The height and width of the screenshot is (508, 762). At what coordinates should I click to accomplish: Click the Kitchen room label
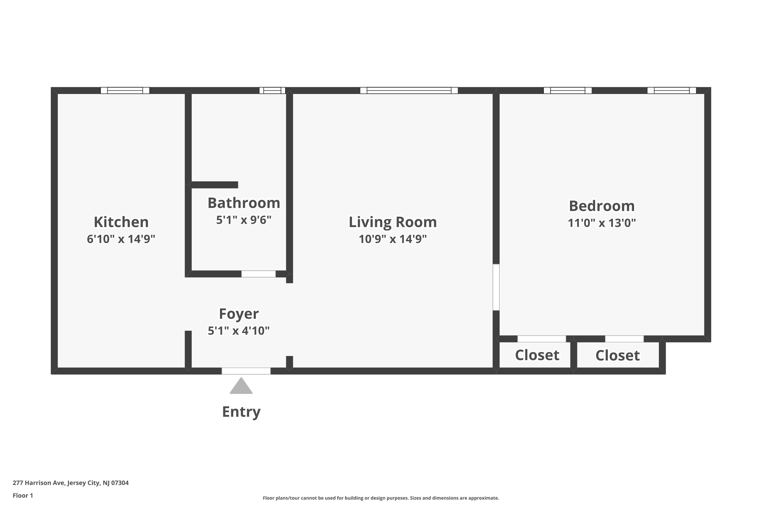tap(121, 222)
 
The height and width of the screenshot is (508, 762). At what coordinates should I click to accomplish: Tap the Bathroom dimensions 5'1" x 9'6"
tap(244, 220)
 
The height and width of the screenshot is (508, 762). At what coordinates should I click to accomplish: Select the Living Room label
tap(393, 222)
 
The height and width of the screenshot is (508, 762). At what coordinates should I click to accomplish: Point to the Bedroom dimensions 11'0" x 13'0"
tap(602, 223)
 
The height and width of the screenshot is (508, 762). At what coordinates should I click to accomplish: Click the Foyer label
tap(239, 314)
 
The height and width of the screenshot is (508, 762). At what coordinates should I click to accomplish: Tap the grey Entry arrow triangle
tap(241, 386)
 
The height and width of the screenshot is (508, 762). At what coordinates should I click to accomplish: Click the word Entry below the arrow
tap(241, 412)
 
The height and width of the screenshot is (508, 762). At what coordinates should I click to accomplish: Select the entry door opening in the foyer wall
tap(246, 371)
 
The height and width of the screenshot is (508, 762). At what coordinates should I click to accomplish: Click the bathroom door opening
tap(259, 274)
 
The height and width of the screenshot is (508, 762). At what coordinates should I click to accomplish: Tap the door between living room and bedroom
tap(496, 287)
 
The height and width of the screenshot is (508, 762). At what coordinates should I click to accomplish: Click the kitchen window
tap(125, 90)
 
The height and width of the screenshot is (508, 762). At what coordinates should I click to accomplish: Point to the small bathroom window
tap(272, 90)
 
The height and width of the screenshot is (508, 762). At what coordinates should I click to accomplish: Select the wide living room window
tap(409, 90)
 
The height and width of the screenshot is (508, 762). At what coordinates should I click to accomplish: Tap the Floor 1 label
tap(23, 495)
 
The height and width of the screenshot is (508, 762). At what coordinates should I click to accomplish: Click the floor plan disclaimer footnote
tap(381, 498)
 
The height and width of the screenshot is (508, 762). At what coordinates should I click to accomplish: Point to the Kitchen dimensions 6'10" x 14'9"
tap(121, 239)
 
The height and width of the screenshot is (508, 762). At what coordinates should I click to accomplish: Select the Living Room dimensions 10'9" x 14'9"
tap(393, 239)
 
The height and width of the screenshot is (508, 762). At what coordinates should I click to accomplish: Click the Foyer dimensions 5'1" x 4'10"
tap(239, 331)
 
